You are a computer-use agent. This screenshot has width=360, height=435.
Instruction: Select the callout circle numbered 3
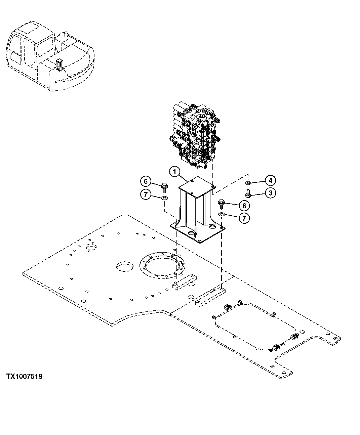pyautogui.click(x=270, y=193)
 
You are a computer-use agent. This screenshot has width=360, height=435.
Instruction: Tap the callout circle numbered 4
pyautogui.click(x=270, y=181)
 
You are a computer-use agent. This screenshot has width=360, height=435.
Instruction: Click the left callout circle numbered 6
pyautogui.click(x=146, y=181)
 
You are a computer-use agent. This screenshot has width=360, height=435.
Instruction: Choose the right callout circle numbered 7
pyautogui.click(x=244, y=218)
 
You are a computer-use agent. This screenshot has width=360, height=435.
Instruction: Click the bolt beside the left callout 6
pyautogui.click(x=164, y=185)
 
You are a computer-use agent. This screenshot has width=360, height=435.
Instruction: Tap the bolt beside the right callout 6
pyautogui.click(x=222, y=203)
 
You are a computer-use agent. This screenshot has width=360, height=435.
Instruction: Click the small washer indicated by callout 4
pyautogui.click(x=248, y=183)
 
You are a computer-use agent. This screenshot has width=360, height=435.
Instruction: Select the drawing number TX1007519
pyautogui.click(x=24, y=377)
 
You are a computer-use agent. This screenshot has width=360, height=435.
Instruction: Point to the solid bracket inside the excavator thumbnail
pyautogui.click(x=59, y=64)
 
